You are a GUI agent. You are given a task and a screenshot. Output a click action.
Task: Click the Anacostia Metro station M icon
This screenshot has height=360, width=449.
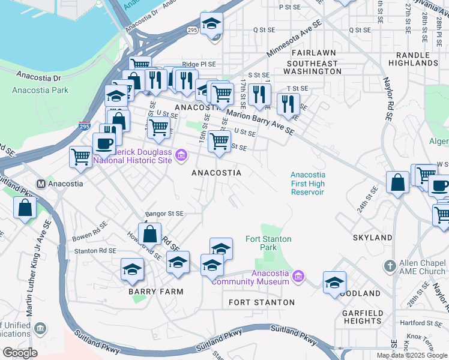pos(41,184)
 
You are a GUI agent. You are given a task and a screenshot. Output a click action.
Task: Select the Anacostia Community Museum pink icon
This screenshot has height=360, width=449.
pos(298,277)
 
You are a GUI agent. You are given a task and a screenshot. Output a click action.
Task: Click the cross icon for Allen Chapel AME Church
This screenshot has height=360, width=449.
pos(390,265)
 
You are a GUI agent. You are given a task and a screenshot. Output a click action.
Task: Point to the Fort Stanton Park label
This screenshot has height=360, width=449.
pos(268,243)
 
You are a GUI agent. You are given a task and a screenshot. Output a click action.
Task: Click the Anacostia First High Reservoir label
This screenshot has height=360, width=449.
pos(307,184)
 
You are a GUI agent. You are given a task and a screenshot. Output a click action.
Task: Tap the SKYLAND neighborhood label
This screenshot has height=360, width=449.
pos(372,238)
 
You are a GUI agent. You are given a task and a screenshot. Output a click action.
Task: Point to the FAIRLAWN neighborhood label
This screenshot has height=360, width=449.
pos(307,53)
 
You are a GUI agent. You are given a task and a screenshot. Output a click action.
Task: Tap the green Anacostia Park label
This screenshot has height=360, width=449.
pos(40,91)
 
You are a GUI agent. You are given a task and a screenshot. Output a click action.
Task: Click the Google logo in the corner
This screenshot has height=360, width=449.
pos(20,353)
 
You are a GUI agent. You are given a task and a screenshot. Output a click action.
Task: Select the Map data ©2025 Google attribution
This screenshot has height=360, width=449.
pos(412,355)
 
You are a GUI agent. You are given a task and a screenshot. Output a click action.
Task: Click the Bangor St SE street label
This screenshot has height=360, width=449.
pos(164,214)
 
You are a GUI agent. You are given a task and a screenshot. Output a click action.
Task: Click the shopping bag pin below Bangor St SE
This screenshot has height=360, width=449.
pos(151,233)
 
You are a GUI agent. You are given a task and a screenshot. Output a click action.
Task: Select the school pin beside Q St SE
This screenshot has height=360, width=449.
pos(211,25)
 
